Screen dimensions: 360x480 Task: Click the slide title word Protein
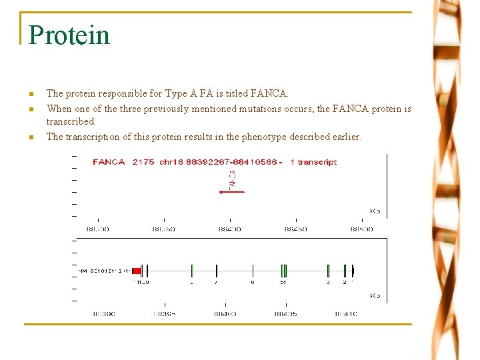pos(69,35)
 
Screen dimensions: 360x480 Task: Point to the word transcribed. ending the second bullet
pos(71,122)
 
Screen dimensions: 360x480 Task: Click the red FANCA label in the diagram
pos(109,162)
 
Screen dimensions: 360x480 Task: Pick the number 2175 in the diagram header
pos(143,162)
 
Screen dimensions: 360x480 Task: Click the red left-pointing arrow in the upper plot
pos(232,192)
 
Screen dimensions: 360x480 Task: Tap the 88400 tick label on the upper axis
pos(229,229)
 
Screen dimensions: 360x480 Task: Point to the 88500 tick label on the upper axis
pos(361,229)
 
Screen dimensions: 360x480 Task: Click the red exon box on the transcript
pos(136,271)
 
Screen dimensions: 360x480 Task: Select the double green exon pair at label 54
pos(284,271)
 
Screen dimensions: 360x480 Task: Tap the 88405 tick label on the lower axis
pos(286,313)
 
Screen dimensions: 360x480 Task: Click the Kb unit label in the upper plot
pos(375,211)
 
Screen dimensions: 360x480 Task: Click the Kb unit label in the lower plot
pos(375,295)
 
